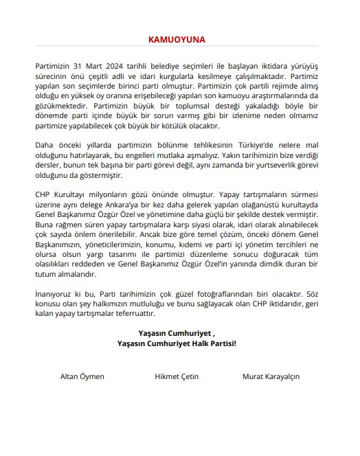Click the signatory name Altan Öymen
pos(80,376)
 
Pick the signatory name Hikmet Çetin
pos(177,376)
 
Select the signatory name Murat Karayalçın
pos(271,376)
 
